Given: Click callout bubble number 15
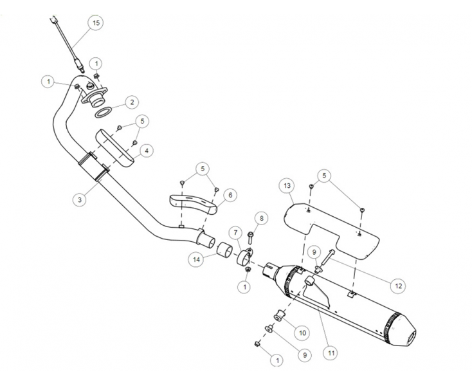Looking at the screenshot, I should coord(96,23).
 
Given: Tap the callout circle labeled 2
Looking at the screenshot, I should coord(131,102).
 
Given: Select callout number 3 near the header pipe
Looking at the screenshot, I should coord(79,200).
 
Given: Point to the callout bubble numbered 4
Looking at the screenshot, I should coord(147,151).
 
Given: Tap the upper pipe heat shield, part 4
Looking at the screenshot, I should coord(117,147).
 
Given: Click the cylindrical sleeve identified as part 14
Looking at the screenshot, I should coord(224,249).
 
